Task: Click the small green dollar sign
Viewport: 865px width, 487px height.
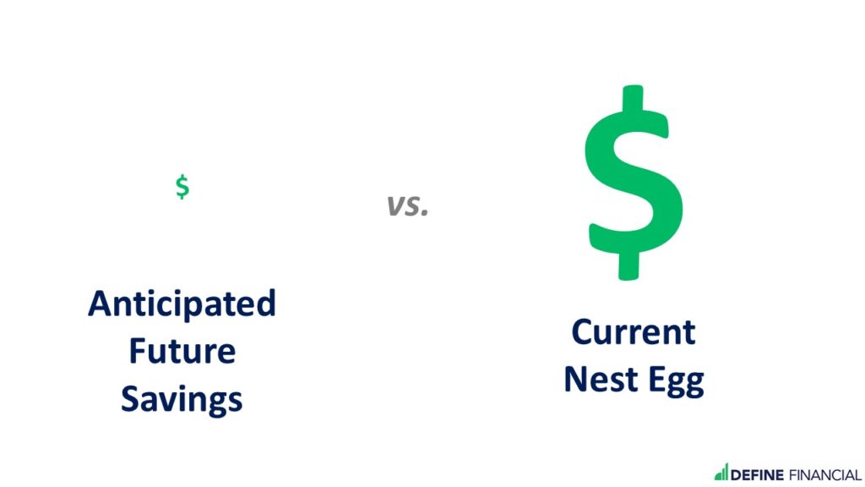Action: point(182,187)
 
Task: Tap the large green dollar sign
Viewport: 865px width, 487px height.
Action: point(634,183)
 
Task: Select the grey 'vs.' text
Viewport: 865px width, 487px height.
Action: point(407,205)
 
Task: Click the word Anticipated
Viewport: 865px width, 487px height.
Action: point(182,304)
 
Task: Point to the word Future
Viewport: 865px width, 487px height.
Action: point(182,351)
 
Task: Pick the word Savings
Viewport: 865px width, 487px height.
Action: point(182,400)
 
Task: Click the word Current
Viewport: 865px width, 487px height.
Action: point(634,331)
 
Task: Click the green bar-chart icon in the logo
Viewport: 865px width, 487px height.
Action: point(721,472)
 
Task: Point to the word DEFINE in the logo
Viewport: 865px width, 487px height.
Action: point(757,475)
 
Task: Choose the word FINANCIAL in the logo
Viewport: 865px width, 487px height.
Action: point(825,475)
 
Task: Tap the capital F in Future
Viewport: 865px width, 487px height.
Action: point(138,351)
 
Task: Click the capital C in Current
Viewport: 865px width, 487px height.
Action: point(583,331)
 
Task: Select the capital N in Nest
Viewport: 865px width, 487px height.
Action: point(575,380)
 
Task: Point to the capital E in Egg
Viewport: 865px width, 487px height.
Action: point(656,380)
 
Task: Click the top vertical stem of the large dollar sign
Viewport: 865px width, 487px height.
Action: point(633,98)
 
